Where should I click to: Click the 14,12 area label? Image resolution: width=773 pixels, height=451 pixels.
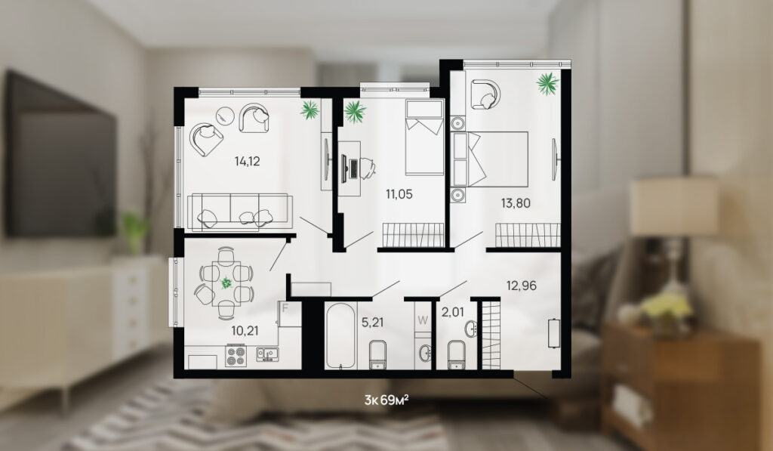pos(247,161)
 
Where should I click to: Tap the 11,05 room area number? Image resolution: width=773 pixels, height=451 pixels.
pos(399,194)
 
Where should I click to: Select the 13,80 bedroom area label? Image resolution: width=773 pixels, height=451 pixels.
pos(516,202)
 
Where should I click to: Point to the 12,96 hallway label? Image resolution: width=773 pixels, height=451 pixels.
pos(522,286)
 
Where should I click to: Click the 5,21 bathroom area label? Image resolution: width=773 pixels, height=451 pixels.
pos(372,323)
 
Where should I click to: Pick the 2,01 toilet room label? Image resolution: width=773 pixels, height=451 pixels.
pos(453,312)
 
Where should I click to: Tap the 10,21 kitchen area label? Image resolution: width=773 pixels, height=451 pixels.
pos(245,330)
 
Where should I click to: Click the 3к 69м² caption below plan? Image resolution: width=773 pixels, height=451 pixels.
pos(386,400)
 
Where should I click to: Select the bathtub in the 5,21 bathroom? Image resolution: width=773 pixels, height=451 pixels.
pos(340,335)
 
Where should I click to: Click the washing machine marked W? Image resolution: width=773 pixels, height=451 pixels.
pos(423,320)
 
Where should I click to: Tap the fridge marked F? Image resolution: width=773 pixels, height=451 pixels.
pos(289,314)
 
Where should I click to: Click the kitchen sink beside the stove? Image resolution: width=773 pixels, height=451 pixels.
pos(267,354)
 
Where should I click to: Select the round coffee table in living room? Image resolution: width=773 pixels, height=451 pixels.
pos(225,116)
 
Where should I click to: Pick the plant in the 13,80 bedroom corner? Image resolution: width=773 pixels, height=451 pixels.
pos(548,83)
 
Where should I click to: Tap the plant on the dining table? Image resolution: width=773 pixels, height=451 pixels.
pos(226,283)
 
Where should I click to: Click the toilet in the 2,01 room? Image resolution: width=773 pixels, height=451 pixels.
pos(456,354)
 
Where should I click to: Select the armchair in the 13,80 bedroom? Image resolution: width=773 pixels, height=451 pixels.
pos(485,94)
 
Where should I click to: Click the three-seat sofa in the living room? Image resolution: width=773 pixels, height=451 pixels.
pos(240,212)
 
